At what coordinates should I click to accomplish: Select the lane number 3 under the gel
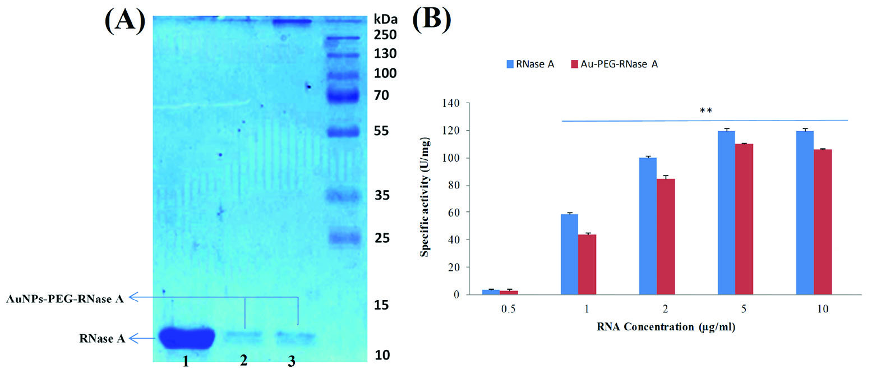291,362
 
